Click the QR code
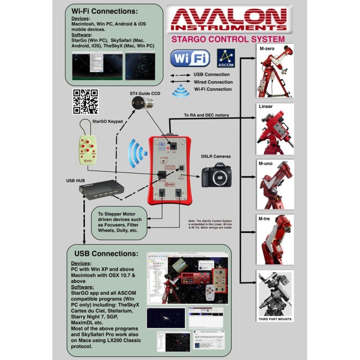pos(86,101)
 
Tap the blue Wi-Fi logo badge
pos(190,58)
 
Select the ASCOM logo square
pos(226,58)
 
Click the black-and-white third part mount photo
pos(275,293)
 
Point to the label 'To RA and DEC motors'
pos(206,115)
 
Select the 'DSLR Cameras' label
pos(216,156)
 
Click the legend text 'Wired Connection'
pos(213,82)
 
